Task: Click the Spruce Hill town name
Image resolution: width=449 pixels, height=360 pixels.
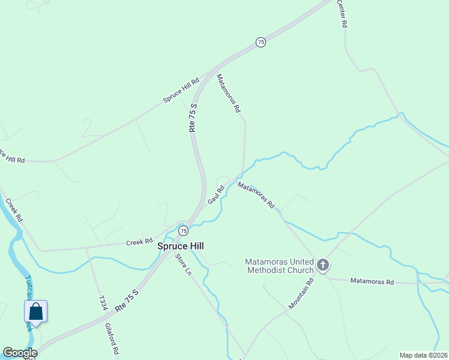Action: click(x=181, y=246)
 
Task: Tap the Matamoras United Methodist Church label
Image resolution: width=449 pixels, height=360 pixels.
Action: click(x=280, y=266)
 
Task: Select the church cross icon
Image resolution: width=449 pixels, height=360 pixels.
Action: click(x=323, y=265)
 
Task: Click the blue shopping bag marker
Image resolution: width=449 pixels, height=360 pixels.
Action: click(x=35, y=312)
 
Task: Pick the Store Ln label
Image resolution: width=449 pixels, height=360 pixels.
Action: click(x=183, y=265)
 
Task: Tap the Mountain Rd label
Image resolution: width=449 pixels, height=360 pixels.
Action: click(x=301, y=293)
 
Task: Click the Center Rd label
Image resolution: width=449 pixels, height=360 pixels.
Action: click(x=342, y=14)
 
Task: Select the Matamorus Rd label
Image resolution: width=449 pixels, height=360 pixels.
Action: click(x=228, y=94)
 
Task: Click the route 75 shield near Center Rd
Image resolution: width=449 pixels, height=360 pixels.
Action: click(x=260, y=42)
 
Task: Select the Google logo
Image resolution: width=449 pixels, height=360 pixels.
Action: click(x=19, y=353)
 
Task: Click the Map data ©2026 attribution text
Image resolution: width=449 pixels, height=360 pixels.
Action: click(x=423, y=355)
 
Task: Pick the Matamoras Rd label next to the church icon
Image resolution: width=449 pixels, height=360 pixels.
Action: click(x=372, y=281)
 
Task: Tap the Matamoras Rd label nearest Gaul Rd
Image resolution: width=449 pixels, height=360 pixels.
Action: click(x=256, y=196)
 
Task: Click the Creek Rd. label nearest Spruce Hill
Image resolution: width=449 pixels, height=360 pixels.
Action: click(x=140, y=242)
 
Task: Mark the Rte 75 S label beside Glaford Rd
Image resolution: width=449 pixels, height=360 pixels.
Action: click(x=127, y=301)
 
